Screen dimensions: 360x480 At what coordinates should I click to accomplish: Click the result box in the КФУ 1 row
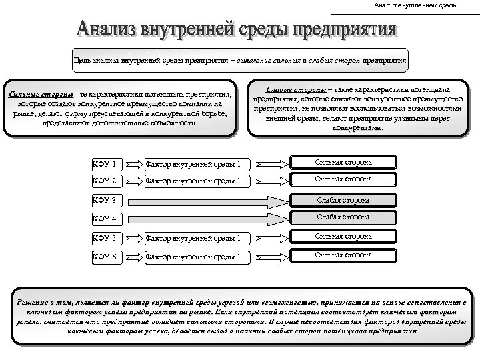pyautogui.click(x=343, y=163)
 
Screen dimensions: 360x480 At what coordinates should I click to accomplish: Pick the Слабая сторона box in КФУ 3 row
pyautogui.click(x=343, y=200)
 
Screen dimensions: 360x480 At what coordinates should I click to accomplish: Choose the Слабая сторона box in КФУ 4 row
pyautogui.click(x=343, y=217)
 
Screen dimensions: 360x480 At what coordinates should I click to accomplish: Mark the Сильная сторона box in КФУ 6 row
pyautogui.click(x=343, y=255)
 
